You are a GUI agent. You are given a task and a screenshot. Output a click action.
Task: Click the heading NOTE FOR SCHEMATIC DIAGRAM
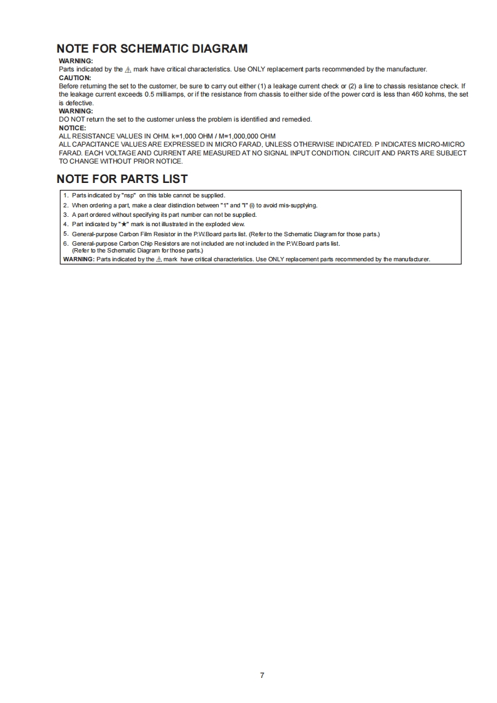pyautogui.click(x=152, y=49)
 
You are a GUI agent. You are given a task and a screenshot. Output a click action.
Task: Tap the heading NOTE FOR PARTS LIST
pyautogui.click(x=122, y=179)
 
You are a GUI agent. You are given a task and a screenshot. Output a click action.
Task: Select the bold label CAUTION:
pyautogui.click(x=75, y=78)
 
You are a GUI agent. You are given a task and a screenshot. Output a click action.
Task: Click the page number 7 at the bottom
pyautogui.click(x=262, y=675)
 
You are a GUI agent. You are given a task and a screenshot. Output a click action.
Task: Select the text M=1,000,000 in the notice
pyautogui.click(x=237, y=136)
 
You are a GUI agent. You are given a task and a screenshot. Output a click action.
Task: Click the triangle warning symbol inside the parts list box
pyautogui.click(x=159, y=259)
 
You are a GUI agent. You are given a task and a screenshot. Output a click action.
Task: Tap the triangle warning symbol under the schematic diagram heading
pyautogui.click(x=128, y=70)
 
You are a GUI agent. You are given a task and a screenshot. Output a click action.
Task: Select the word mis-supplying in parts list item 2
pyautogui.click(x=295, y=205)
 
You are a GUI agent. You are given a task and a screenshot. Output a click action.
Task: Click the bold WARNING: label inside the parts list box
pyautogui.click(x=79, y=259)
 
